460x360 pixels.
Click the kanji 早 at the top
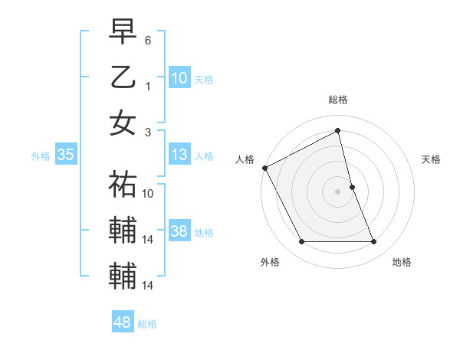[123, 32]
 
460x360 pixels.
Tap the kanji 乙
[123, 77]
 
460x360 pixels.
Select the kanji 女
[123, 123]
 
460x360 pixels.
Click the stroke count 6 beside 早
[149, 39]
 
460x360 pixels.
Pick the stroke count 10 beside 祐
[149, 194]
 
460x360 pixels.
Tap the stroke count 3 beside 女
[149, 131]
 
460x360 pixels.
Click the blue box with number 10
[179, 77]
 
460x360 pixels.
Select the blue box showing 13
[179, 155]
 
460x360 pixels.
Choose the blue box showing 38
[179, 232]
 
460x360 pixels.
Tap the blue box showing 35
[65, 155]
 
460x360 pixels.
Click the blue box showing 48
[122, 322]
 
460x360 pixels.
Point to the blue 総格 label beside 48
[147, 324]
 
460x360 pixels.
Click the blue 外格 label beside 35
[41, 156]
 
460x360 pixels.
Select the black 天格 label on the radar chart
[431, 159]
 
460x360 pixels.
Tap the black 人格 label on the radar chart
[245, 159]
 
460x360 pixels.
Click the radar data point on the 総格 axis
[337, 131]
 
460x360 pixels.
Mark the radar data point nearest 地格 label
[374, 242]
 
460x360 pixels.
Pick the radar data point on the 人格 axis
[264, 168]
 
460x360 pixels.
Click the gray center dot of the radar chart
[337, 191]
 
